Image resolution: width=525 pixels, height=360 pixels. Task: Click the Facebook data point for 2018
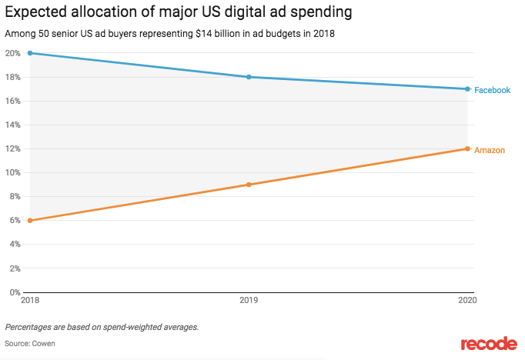pyautogui.click(x=29, y=53)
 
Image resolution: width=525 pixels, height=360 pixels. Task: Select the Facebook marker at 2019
pyautogui.click(x=249, y=77)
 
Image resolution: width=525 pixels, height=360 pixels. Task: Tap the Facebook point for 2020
pyautogui.click(x=467, y=89)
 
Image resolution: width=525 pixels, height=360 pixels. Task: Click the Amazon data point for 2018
pyautogui.click(x=29, y=220)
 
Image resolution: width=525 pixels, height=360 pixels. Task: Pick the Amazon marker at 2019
pyautogui.click(x=249, y=185)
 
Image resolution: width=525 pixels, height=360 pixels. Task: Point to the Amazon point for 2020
pyautogui.click(x=467, y=148)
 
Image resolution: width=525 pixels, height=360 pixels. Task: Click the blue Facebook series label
pyautogui.click(x=492, y=90)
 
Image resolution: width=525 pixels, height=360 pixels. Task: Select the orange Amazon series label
pyautogui.click(x=489, y=150)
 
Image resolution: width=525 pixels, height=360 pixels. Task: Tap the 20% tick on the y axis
pyautogui.click(x=12, y=53)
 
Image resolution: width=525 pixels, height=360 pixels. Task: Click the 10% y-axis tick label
pyautogui.click(x=12, y=172)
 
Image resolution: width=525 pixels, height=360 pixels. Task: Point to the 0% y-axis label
pyautogui.click(x=14, y=292)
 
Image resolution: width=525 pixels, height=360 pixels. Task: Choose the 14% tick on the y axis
pyautogui.click(x=12, y=125)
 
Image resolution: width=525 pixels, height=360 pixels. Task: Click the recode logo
pyautogui.click(x=487, y=344)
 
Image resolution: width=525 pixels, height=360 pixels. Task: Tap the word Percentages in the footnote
pyautogui.click(x=30, y=327)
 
